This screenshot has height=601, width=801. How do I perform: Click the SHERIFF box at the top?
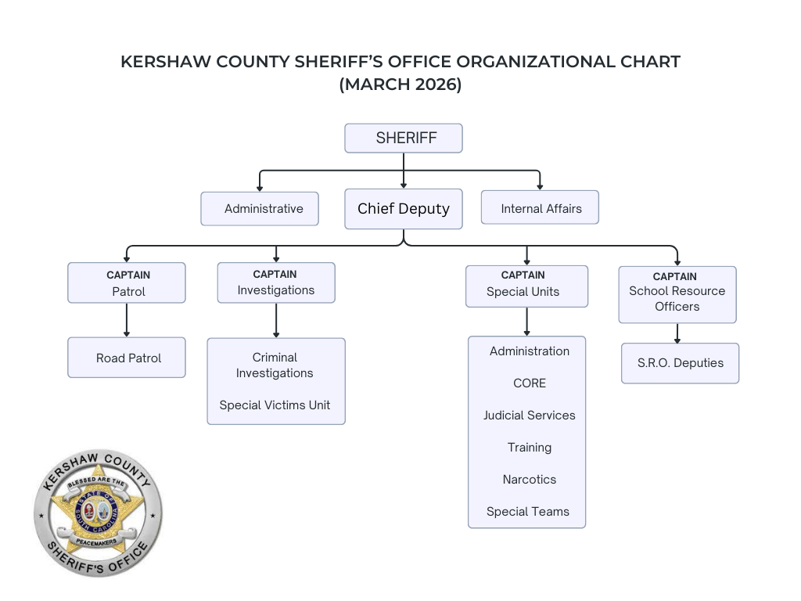(x=404, y=138)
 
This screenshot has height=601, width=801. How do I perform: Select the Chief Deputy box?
(x=404, y=208)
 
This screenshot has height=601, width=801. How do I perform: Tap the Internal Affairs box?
(x=540, y=208)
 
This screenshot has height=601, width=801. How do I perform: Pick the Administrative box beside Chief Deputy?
(x=260, y=208)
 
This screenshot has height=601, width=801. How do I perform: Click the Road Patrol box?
(x=127, y=358)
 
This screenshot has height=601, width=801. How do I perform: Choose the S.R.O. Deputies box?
(x=680, y=363)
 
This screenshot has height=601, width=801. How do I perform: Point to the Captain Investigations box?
(x=276, y=283)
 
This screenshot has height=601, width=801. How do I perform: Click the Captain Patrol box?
(x=127, y=283)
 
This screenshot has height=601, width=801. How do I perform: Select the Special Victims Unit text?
(x=275, y=405)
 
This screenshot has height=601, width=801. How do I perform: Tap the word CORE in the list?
(x=530, y=383)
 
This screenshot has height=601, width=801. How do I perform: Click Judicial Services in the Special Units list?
(x=529, y=415)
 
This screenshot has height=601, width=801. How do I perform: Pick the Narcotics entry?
(x=530, y=479)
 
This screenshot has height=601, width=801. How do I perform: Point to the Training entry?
(x=530, y=447)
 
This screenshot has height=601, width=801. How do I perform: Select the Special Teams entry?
(x=528, y=511)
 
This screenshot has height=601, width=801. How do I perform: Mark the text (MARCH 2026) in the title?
(x=400, y=85)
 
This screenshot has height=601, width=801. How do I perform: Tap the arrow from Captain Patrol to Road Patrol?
(x=127, y=320)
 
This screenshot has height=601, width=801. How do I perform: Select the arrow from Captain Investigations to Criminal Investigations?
(x=276, y=321)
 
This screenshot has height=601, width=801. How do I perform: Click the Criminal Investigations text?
(x=275, y=365)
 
